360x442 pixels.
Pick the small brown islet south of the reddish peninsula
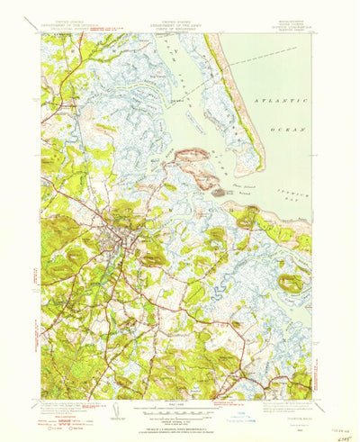click(x=216, y=191)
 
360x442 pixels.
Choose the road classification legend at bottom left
click(x=65, y=415)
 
